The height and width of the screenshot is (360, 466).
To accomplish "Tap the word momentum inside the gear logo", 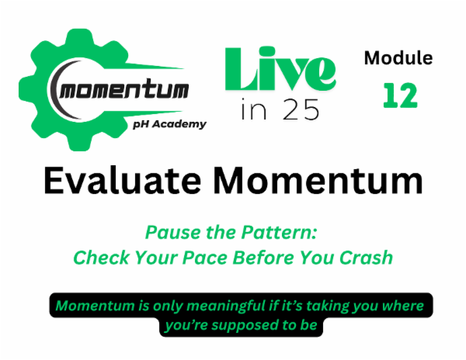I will click(x=123, y=91).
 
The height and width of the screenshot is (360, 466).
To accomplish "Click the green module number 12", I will click(x=400, y=95).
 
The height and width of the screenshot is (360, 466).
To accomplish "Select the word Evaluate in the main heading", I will click(x=123, y=182).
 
